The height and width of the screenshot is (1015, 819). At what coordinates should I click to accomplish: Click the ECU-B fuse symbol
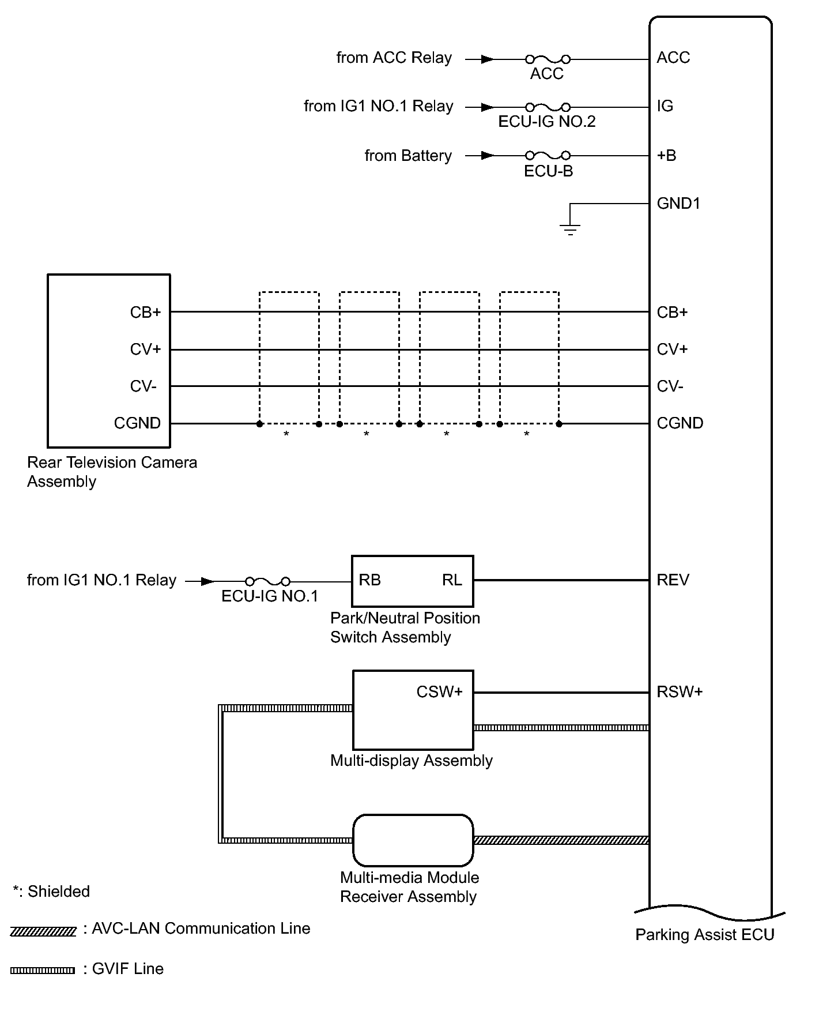pyautogui.click(x=548, y=155)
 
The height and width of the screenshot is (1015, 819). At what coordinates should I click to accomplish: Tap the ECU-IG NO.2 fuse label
pyautogui.click(x=546, y=122)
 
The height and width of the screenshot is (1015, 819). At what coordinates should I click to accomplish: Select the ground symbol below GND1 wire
pyautogui.click(x=570, y=229)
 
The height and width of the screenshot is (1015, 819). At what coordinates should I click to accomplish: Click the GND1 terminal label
pyautogui.click(x=678, y=204)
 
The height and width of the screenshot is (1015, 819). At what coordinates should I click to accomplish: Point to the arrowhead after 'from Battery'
pyautogui.click(x=488, y=156)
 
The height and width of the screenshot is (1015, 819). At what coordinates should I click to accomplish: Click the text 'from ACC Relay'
pyautogui.click(x=394, y=58)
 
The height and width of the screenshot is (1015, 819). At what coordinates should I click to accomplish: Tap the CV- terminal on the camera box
pyautogui.click(x=143, y=386)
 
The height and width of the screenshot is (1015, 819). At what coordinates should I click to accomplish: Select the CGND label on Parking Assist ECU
pyautogui.click(x=680, y=423)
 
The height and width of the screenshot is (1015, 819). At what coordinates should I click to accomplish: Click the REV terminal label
pyautogui.click(x=673, y=580)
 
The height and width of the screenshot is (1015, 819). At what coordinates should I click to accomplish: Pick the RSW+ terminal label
pyautogui.click(x=680, y=692)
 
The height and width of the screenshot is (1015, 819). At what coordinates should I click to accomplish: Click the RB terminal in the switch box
pyautogui.click(x=369, y=580)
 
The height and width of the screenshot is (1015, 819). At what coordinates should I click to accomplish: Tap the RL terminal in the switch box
pyautogui.click(x=452, y=580)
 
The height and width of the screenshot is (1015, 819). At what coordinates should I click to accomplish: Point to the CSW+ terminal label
pyautogui.click(x=439, y=692)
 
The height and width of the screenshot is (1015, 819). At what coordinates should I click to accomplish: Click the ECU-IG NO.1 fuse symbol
pyautogui.click(x=267, y=581)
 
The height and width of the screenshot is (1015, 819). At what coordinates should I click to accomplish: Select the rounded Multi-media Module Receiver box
pyautogui.click(x=413, y=840)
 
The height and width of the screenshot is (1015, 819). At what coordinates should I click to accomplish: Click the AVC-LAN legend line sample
pyautogui.click(x=43, y=931)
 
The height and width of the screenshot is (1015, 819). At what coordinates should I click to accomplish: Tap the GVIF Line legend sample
pyautogui.click(x=43, y=971)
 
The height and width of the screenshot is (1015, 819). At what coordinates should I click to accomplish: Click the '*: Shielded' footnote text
pyautogui.click(x=51, y=892)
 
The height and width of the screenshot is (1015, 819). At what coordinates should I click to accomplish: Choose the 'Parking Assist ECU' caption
pyautogui.click(x=704, y=935)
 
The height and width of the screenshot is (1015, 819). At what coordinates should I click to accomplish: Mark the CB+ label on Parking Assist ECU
pyautogui.click(x=672, y=313)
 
